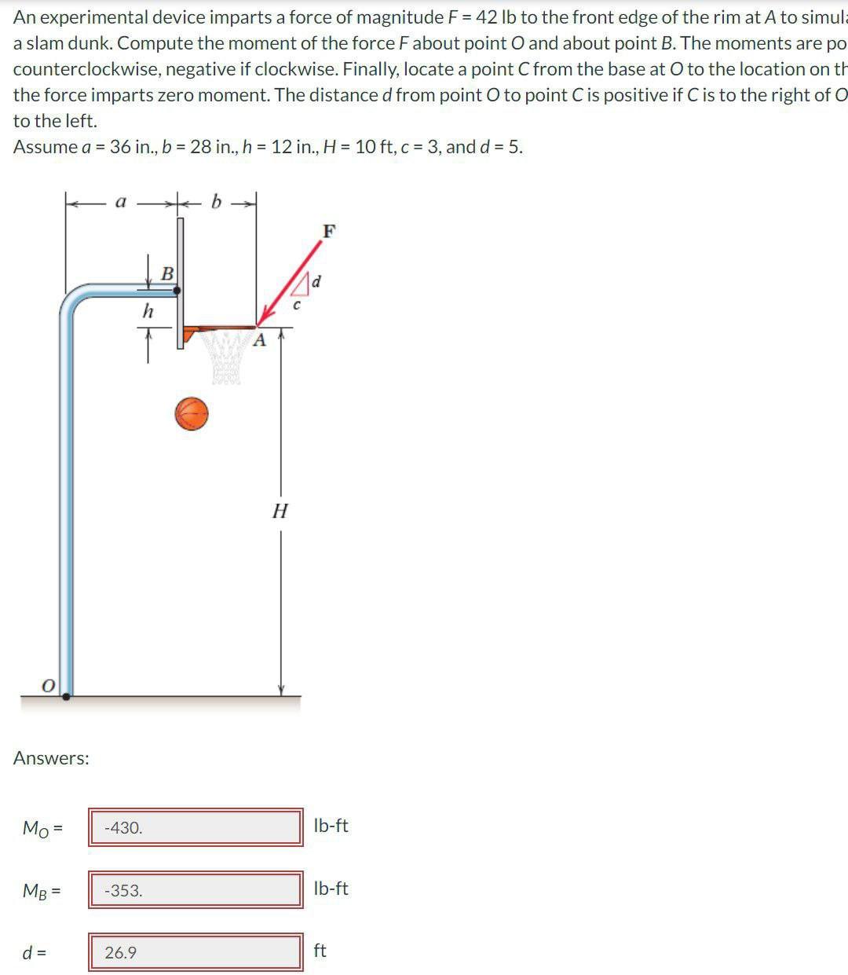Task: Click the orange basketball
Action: (x=192, y=413)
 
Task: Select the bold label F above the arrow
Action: (x=329, y=231)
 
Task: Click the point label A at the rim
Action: (x=260, y=341)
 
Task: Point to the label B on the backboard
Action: (x=167, y=274)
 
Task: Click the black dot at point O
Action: (x=67, y=695)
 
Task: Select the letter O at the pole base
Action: (x=48, y=686)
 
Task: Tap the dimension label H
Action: (x=280, y=511)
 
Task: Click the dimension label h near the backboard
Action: (x=148, y=312)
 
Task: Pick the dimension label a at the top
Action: (x=121, y=202)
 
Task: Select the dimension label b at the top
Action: (x=217, y=202)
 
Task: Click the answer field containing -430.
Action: (x=195, y=827)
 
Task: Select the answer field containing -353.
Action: (x=195, y=890)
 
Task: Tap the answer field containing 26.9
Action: (x=195, y=952)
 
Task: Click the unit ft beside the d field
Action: (x=320, y=951)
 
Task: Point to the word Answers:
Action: (x=51, y=758)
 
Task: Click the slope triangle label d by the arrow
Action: (x=317, y=280)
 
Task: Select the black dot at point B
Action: (x=177, y=290)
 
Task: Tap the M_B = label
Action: (x=42, y=890)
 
